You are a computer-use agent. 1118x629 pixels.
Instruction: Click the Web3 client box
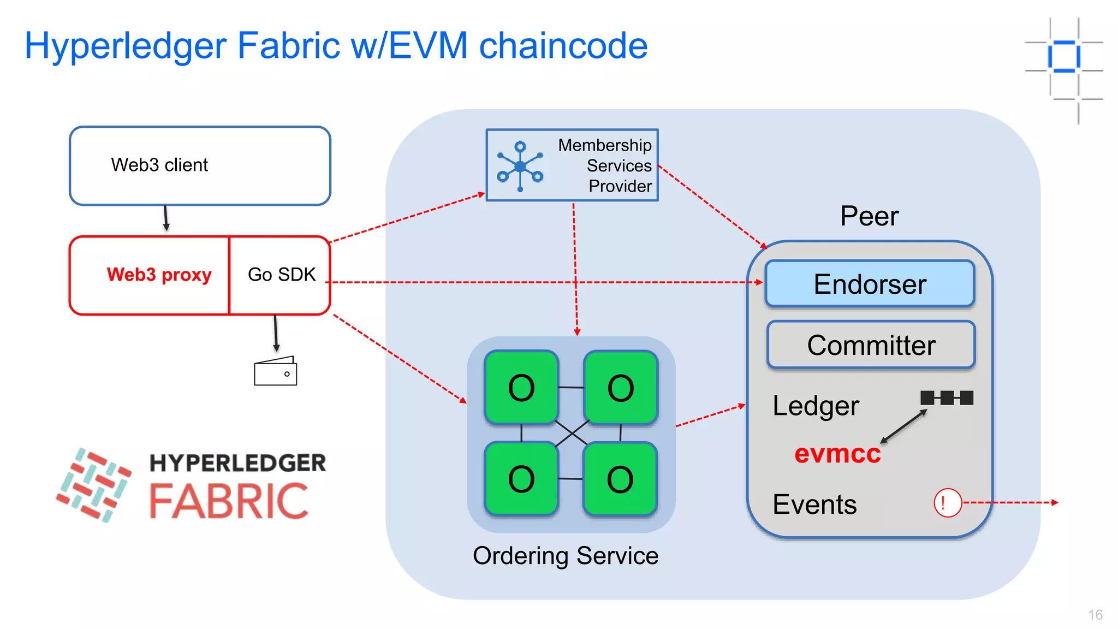200,166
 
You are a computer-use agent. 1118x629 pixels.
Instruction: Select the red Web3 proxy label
159,275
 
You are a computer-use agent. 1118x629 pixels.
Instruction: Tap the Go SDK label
282,275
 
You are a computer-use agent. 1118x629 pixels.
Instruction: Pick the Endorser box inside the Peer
870,284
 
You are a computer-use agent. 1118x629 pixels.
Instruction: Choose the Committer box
871,345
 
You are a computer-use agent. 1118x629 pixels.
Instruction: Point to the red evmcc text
837,454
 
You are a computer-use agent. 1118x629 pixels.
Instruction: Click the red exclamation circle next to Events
947,502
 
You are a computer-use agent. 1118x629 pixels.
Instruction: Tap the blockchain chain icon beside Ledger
947,397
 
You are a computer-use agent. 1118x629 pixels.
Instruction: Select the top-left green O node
521,388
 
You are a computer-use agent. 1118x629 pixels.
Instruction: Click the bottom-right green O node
620,479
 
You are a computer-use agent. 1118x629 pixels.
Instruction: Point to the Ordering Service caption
566,556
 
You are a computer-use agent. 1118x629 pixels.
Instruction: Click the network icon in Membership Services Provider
520,166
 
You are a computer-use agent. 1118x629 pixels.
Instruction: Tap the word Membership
604,145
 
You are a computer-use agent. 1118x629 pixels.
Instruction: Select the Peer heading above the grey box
869,216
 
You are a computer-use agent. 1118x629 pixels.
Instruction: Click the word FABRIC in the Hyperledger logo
229,501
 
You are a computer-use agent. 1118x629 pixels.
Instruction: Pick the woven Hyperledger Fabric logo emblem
94,484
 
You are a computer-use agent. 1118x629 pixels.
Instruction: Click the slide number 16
1095,615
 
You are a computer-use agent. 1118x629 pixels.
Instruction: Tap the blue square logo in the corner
1064,56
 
